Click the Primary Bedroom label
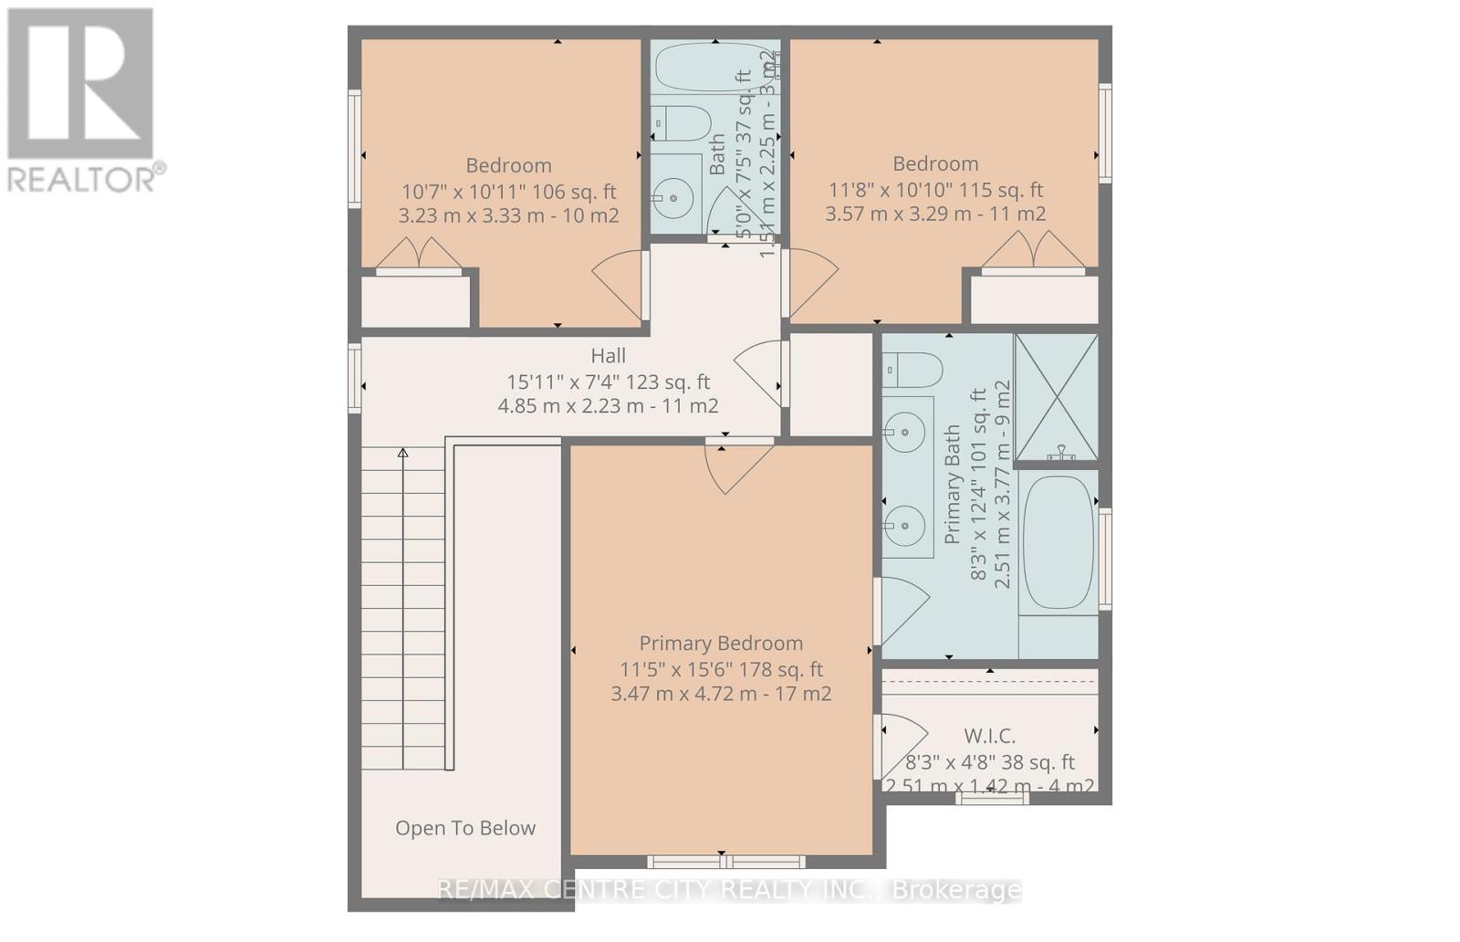click(721, 644)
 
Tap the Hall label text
click(608, 356)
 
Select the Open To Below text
click(465, 828)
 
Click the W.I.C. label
click(989, 736)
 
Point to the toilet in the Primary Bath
click(912, 371)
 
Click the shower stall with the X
click(1057, 397)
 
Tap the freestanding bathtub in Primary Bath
click(1058, 542)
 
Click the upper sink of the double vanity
click(906, 431)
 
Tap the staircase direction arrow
click(402, 453)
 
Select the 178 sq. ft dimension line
click(721, 669)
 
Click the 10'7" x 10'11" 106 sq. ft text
click(508, 192)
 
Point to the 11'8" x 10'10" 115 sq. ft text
click(935, 190)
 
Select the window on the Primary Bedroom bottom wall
click(726, 861)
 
